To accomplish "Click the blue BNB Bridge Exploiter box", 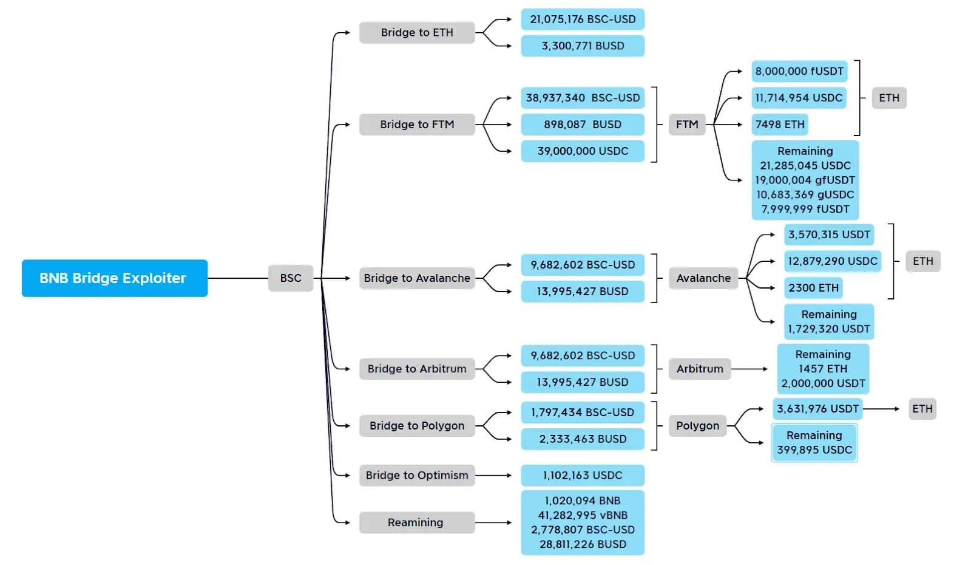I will (x=114, y=278).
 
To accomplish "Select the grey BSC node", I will (x=290, y=278).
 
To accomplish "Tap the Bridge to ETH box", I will (x=416, y=33).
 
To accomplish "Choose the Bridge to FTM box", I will (x=416, y=125).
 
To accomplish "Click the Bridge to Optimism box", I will (x=416, y=475).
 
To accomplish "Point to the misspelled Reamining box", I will (x=416, y=522).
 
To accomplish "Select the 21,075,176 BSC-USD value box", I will (x=582, y=19).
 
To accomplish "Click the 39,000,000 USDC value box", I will (x=582, y=151).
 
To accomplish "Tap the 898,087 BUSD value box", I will (x=582, y=125).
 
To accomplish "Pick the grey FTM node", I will (x=687, y=125).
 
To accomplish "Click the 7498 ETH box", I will (x=780, y=125).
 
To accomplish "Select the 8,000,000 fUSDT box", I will (x=799, y=72).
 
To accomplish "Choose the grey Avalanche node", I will (x=703, y=278).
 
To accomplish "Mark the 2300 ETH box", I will (x=813, y=288).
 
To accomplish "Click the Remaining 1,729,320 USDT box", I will (x=828, y=322).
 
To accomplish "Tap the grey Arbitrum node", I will (x=700, y=369).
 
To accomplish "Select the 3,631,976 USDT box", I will (x=817, y=409).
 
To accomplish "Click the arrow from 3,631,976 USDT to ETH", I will (x=881, y=409).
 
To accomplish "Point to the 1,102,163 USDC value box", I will (x=582, y=475).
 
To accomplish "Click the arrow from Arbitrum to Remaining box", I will (x=750, y=369).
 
